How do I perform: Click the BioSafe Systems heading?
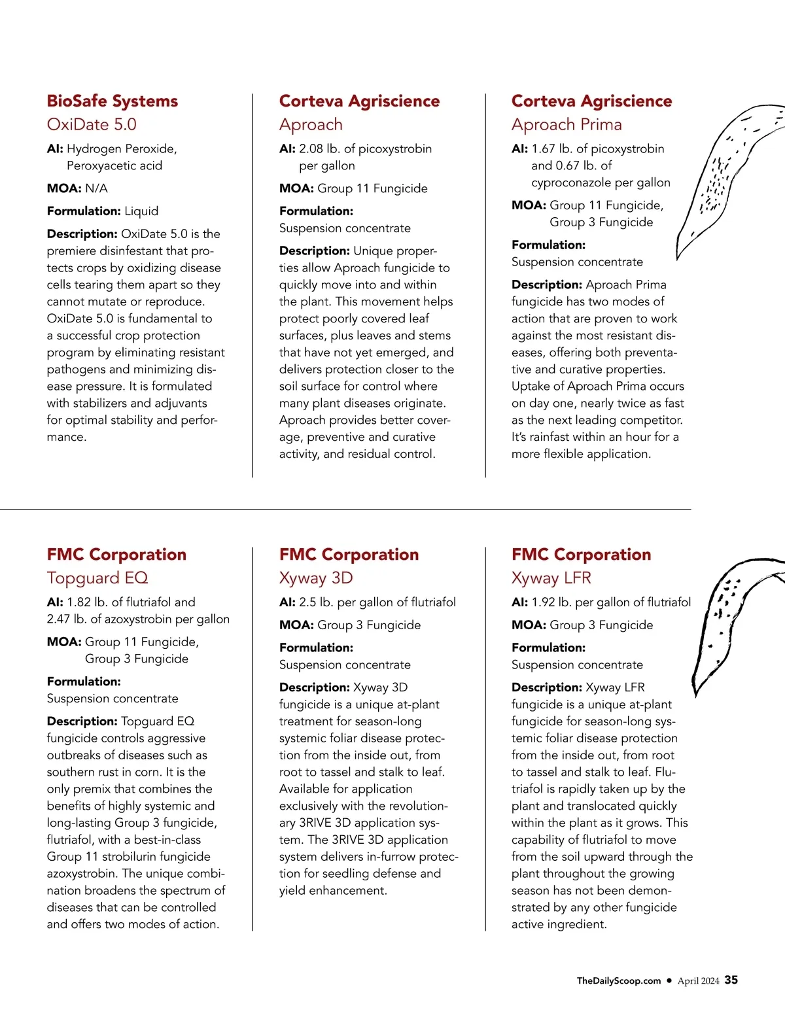point(112,101)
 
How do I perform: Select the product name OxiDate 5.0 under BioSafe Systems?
point(92,124)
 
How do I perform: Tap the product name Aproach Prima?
point(567,124)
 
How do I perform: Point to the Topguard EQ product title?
point(97,578)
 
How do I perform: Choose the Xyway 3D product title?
point(315,578)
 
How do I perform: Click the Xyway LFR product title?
point(551,578)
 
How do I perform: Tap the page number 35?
point(731,980)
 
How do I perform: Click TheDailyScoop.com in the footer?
point(618,980)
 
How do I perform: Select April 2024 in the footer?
point(698,980)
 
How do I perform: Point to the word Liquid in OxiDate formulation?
point(141,211)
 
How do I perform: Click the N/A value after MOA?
point(96,188)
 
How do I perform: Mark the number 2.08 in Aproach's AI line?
point(311,149)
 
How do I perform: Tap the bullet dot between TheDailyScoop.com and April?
point(669,980)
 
